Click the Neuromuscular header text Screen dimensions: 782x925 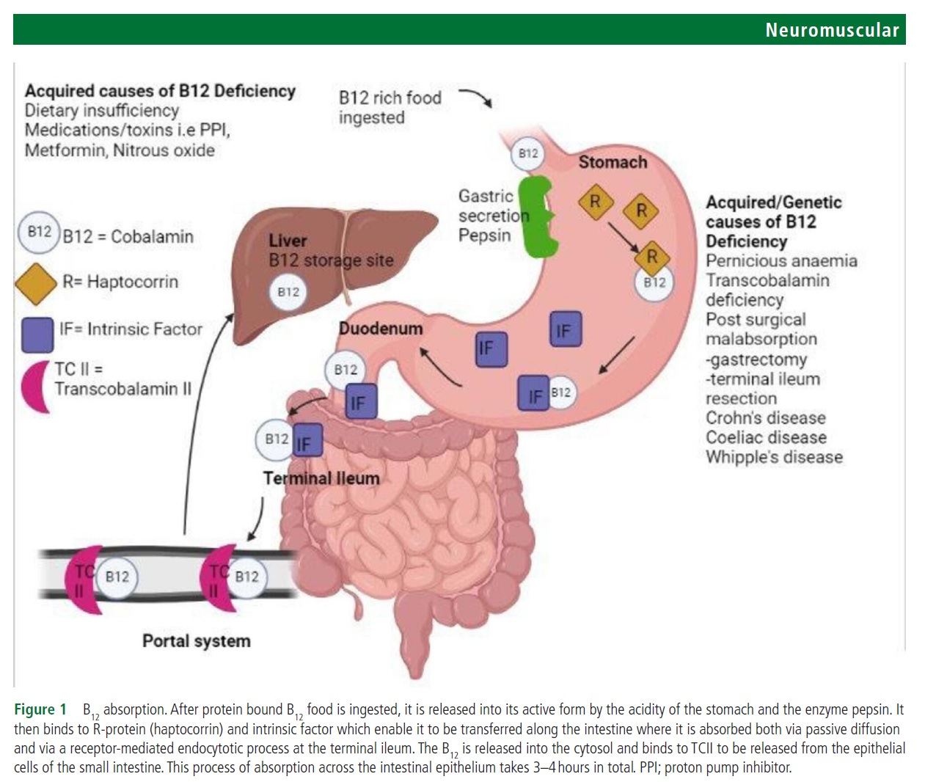(x=831, y=30)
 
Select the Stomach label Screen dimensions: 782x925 (x=613, y=162)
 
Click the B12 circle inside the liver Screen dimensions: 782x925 (x=288, y=292)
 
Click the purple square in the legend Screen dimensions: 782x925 (x=37, y=334)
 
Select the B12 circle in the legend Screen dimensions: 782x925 (x=39, y=232)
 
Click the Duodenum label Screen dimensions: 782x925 (x=381, y=329)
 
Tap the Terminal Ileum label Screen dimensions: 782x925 (x=321, y=478)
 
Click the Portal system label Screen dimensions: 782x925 (x=196, y=641)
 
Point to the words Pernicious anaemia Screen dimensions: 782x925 (x=780, y=261)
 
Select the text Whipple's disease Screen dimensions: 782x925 (x=774, y=457)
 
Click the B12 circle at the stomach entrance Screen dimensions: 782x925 (x=528, y=153)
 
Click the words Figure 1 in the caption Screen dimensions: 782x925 (x=40, y=709)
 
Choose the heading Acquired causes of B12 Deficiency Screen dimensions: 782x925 (x=160, y=91)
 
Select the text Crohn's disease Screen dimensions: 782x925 (x=765, y=418)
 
